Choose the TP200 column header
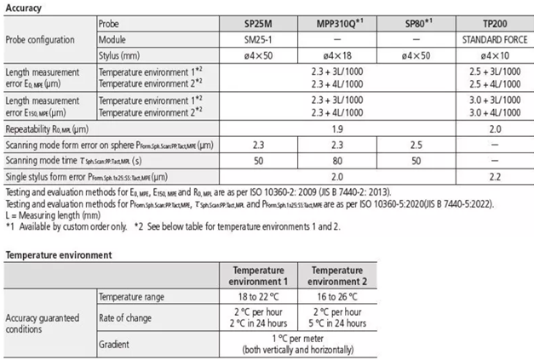(x=494, y=25)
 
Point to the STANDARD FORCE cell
(x=494, y=39)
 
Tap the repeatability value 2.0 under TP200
(x=494, y=128)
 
